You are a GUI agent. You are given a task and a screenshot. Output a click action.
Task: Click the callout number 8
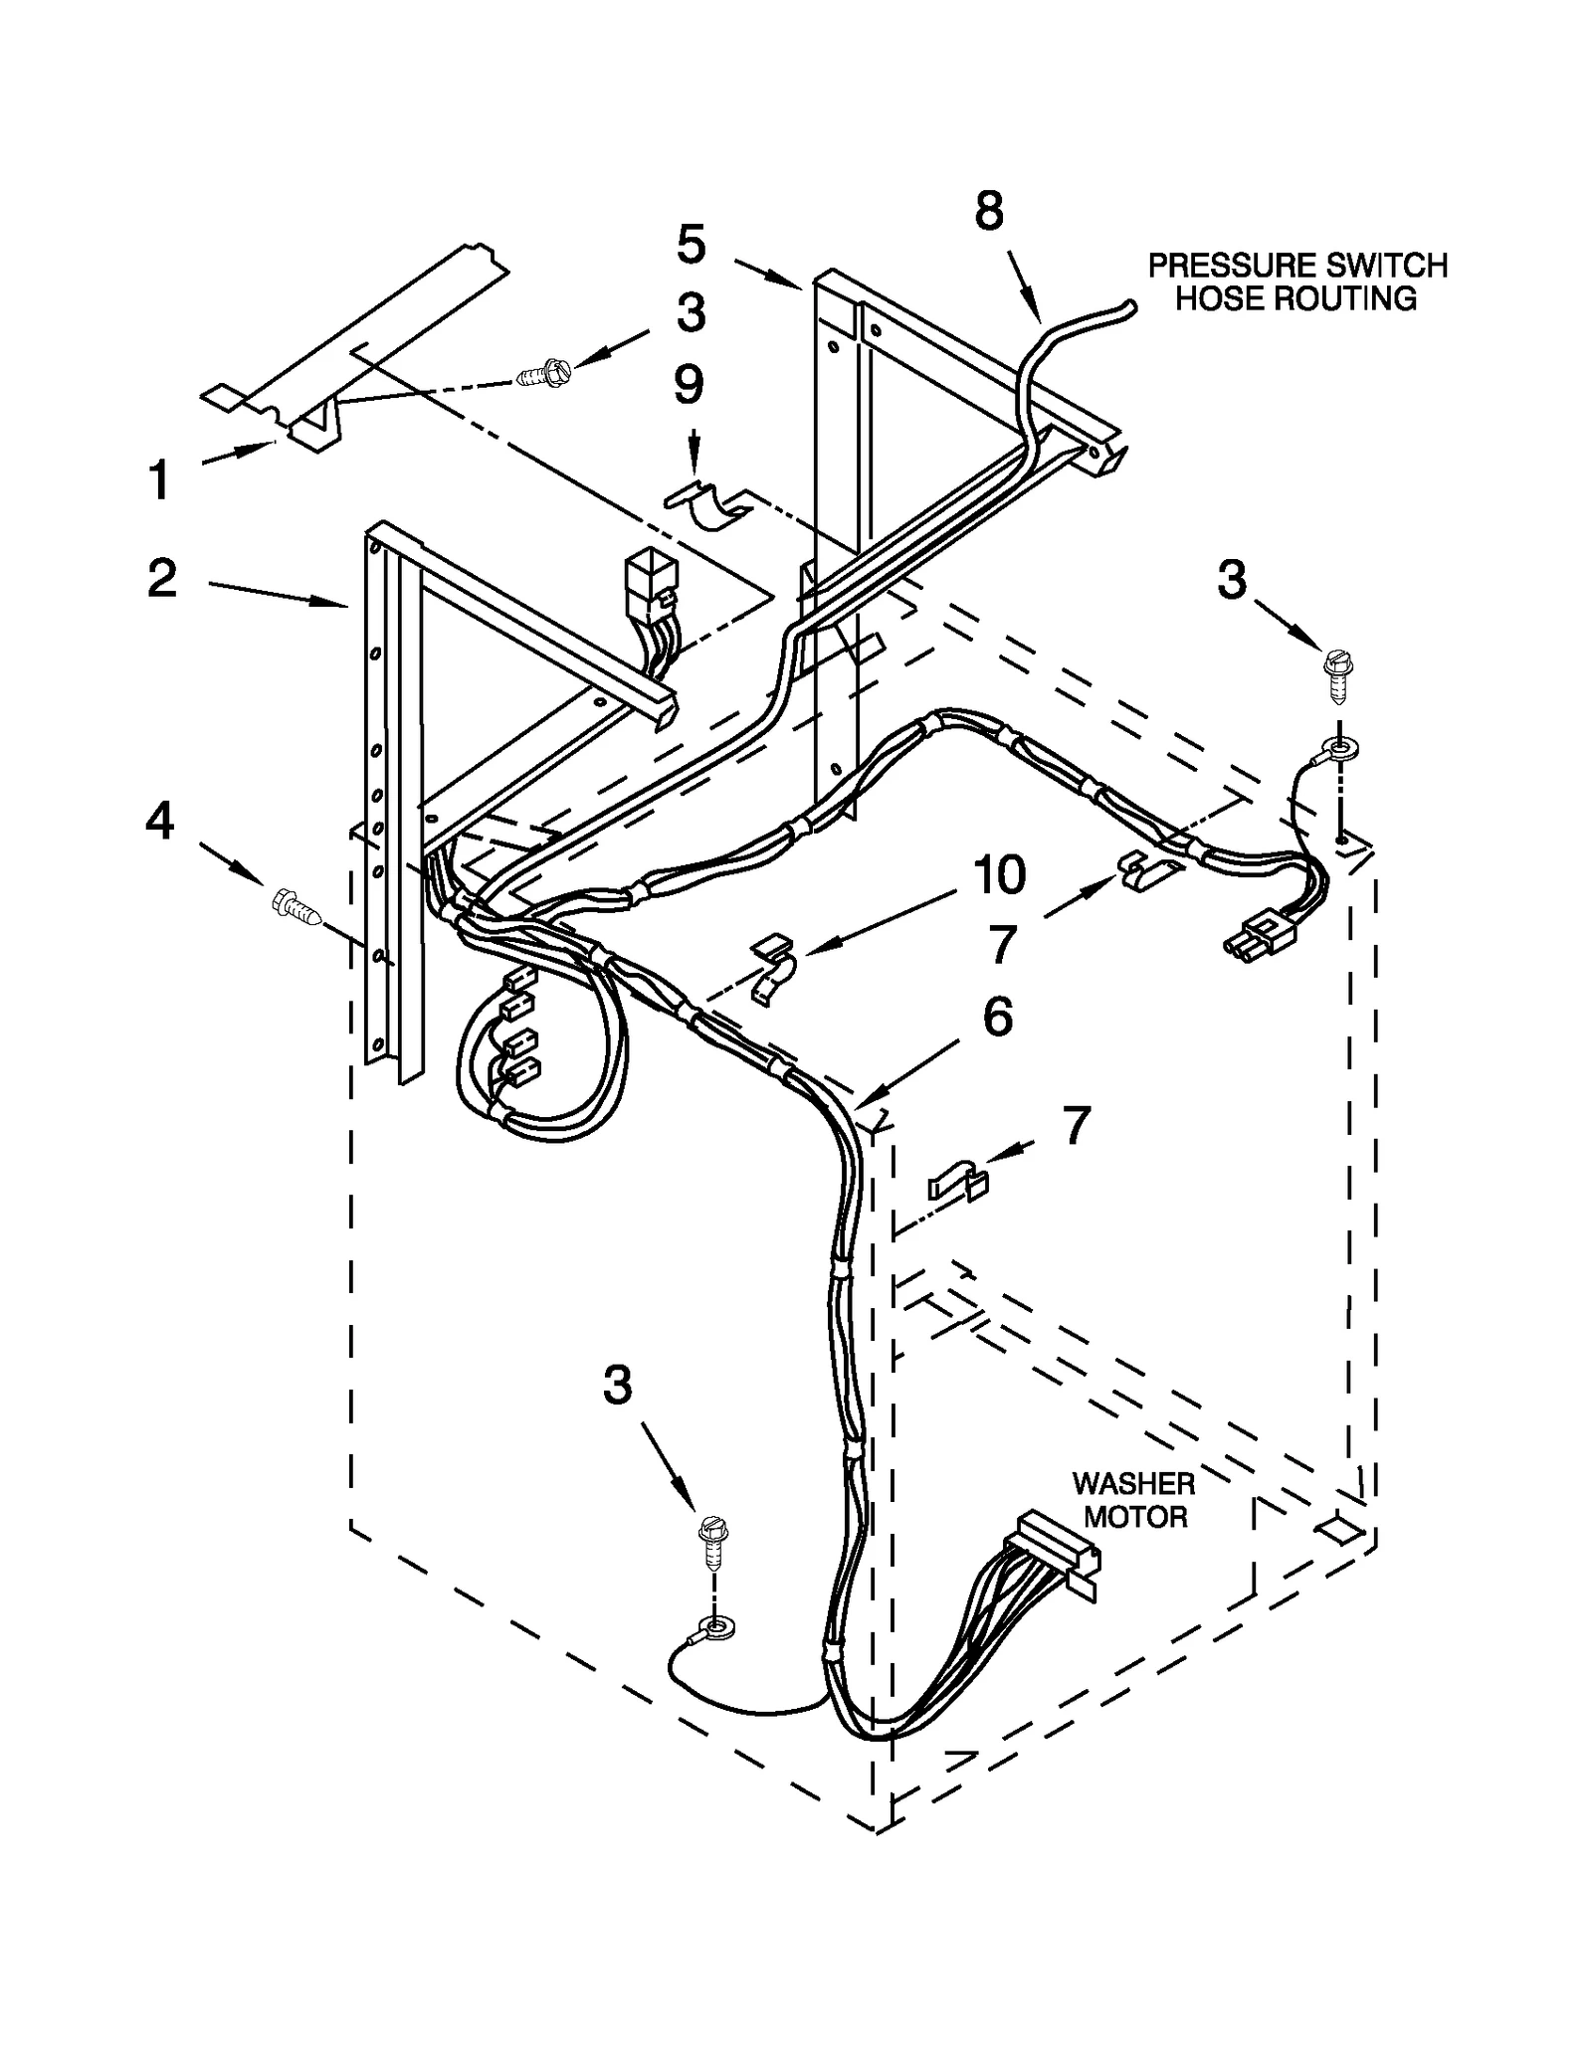point(988,212)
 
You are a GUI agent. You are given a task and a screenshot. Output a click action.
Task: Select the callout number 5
point(691,245)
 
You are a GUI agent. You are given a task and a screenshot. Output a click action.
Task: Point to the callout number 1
point(159,481)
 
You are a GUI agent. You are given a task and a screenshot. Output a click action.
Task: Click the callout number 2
point(162,578)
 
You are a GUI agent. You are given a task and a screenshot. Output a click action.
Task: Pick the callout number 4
point(160,822)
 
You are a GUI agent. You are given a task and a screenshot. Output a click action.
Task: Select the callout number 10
point(999,875)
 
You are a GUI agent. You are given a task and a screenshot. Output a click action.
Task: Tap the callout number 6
point(997,1017)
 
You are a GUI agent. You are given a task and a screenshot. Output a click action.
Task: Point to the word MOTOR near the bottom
point(1135,1517)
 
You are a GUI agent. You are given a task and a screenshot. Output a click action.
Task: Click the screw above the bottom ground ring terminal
point(710,1543)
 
